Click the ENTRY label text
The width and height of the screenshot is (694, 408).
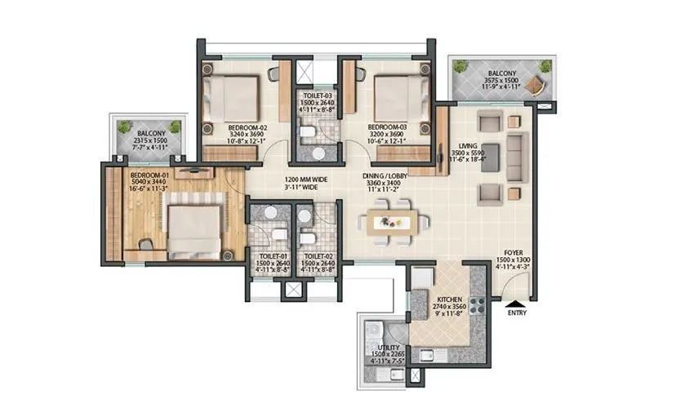[517, 313]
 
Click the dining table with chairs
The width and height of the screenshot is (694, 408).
[394, 223]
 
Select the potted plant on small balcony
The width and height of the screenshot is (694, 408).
[125, 128]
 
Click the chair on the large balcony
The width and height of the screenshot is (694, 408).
[539, 82]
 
